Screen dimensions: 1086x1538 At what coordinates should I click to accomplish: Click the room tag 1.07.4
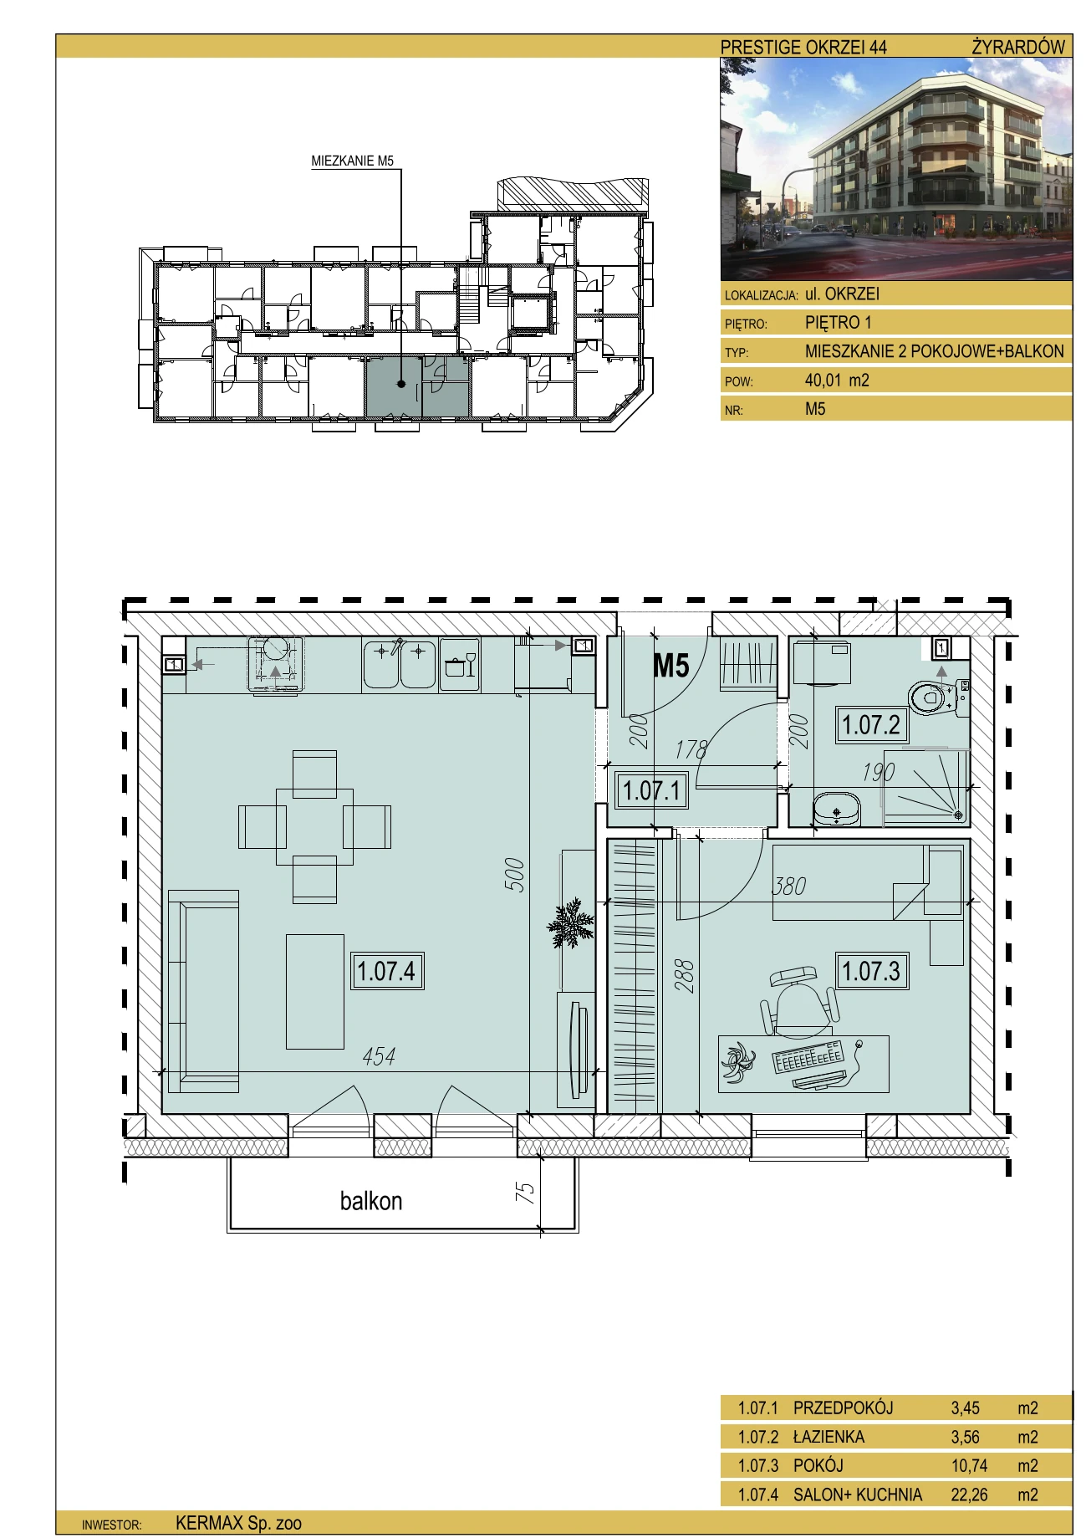click(386, 971)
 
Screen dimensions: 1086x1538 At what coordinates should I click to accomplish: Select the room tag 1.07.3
click(872, 971)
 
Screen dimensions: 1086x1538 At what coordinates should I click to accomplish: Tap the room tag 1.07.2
click(871, 724)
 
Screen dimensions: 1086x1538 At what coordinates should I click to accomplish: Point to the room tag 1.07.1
click(652, 790)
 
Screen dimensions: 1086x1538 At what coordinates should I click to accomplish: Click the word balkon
click(371, 1201)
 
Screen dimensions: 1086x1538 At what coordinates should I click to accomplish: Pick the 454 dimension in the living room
click(379, 1056)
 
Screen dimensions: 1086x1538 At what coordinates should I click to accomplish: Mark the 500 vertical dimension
click(518, 875)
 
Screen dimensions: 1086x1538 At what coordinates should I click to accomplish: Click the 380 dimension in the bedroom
click(789, 886)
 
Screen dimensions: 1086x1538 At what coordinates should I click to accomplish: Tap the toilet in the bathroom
click(938, 696)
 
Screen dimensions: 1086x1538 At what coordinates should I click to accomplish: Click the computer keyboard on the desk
click(808, 1057)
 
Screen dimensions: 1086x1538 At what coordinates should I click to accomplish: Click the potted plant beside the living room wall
click(572, 923)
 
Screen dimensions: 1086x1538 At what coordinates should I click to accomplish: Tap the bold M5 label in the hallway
click(670, 665)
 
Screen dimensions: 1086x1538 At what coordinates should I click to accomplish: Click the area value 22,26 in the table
click(969, 1494)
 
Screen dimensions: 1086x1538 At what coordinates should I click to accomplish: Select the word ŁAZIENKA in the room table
click(829, 1436)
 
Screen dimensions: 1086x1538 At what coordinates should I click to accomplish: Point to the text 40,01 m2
click(837, 381)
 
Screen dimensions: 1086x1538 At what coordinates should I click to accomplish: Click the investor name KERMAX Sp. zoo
click(238, 1523)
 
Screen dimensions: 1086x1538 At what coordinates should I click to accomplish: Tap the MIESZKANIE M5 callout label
click(352, 161)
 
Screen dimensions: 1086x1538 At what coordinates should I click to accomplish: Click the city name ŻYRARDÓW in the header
click(1018, 47)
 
